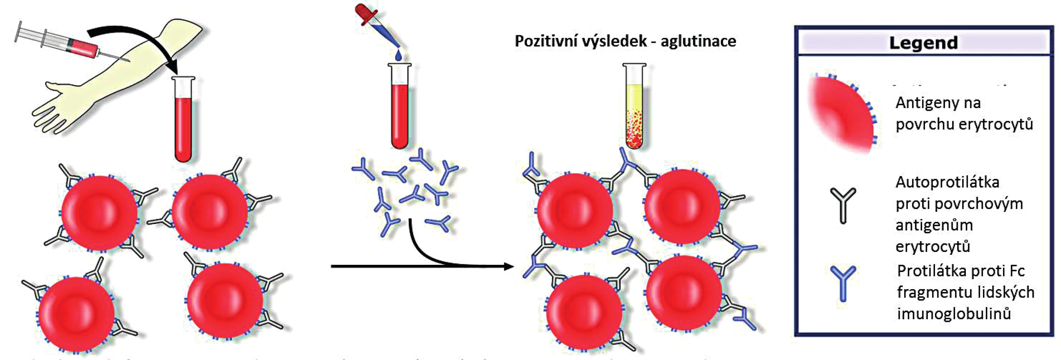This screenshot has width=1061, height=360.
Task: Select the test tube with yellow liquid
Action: (x=634, y=106)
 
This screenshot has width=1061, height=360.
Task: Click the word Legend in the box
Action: (x=923, y=43)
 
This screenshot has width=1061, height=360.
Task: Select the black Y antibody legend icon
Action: (x=843, y=205)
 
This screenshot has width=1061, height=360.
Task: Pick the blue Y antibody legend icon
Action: (x=843, y=283)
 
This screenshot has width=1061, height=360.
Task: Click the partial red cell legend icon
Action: (x=842, y=114)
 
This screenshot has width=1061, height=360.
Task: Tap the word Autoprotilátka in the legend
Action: (x=947, y=182)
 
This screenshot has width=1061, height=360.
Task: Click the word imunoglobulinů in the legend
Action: (x=954, y=314)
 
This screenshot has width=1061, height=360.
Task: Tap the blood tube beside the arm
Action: (x=184, y=120)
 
